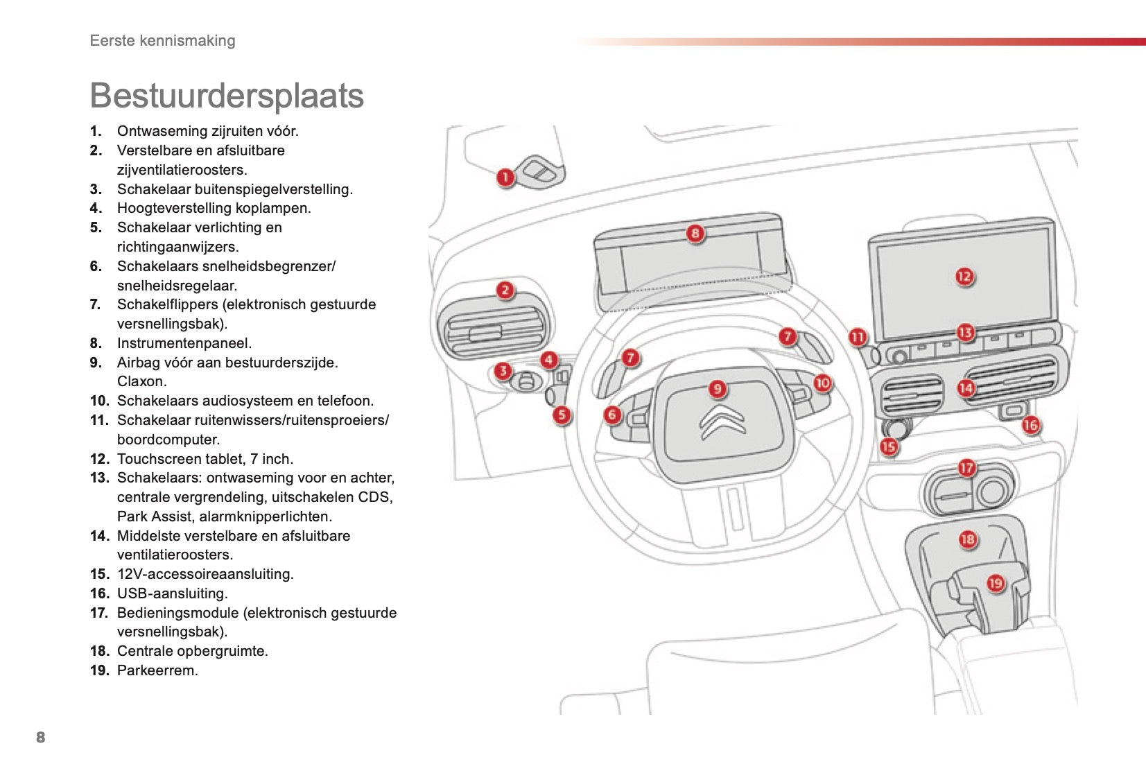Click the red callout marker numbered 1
pyautogui.click(x=505, y=177)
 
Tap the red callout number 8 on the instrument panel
pyautogui.click(x=695, y=233)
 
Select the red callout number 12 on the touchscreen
pyautogui.click(x=964, y=277)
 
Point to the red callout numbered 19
pyautogui.click(x=996, y=583)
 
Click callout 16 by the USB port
pyautogui.click(x=1031, y=424)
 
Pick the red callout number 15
pyautogui.click(x=889, y=446)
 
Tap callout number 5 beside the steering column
pyautogui.click(x=562, y=415)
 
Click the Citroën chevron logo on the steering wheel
pyautogui.click(x=722, y=422)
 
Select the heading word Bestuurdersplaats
pyautogui.click(x=227, y=96)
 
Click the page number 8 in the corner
pyautogui.click(x=40, y=737)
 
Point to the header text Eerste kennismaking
pyautogui.click(x=162, y=40)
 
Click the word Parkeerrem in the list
pyautogui.click(x=157, y=670)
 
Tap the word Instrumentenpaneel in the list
pyautogui.click(x=184, y=343)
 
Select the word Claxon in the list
pyautogui.click(x=141, y=381)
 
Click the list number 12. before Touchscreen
pyautogui.click(x=100, y=459)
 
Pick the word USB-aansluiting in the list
pyautogui.click(x=172, y=593)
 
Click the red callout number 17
pyautogui.click(x=966, y=468)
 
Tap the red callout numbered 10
pyautogui.click(x=822, y=383)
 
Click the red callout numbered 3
pyautogui.click(x=503, y=371)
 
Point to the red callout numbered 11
pyautogui.click(x=858, y=337)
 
